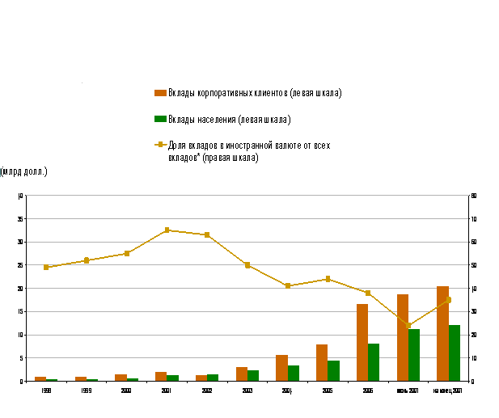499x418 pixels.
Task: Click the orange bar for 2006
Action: tap(362, 342)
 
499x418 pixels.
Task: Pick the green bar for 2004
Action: tap(294, 373)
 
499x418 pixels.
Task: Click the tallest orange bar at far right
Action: tap(442, 333)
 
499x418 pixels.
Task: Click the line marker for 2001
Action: tap(167, 230)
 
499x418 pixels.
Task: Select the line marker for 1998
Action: tap(46, 267)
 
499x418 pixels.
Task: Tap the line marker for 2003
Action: tap(247, 264)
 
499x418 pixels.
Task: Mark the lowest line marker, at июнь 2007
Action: tap(408, 325)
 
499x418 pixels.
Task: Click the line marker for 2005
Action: tap(328, 279)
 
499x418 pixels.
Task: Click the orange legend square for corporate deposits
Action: tap(161, 93)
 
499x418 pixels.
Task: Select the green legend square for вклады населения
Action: tap(161, 119)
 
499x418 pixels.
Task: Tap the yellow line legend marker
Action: tap(161, 146)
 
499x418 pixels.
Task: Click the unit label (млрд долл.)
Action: tap(24, 171)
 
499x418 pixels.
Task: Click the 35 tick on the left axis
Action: tap(22, 218)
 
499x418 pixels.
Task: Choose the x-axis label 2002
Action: tap(206, 390)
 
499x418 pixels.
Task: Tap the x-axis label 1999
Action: tap(86, 390)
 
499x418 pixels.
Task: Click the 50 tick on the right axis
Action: tap(473, 265)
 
